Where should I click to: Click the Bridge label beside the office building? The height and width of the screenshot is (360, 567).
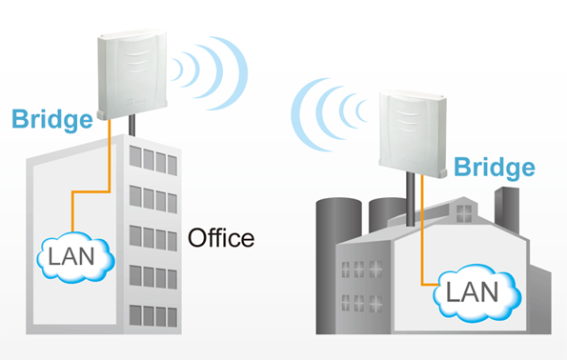click(x=52, y=119)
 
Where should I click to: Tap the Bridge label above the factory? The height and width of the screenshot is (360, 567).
click(x=495, y=168)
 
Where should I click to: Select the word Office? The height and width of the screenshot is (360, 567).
click(x=221, y=238)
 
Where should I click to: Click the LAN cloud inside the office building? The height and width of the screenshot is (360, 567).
click(x=75, y=257)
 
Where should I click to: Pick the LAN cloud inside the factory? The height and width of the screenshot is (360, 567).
click(x=477, y=292)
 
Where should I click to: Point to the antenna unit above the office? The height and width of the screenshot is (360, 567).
click(x=132, y=74)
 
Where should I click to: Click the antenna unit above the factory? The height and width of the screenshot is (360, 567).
click(x=413, y=133)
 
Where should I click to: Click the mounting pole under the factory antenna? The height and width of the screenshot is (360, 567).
click(x=410, y=199)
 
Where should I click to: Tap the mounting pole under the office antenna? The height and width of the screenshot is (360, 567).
click(x=132, y=125)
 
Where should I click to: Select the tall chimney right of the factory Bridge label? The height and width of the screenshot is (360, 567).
click(x=507, y=210)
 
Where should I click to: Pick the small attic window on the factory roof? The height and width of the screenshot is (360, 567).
click(x=464, y=213)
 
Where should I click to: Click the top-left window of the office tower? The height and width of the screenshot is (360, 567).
click(x=135, y=156)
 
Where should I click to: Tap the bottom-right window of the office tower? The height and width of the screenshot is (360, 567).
click(x=172, y=317)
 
